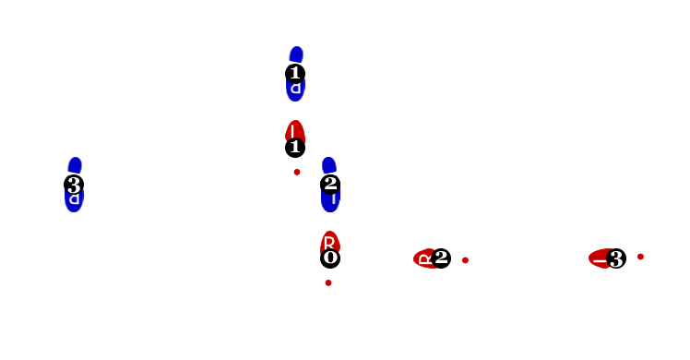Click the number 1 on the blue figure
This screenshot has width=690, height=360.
[x=295, y=72]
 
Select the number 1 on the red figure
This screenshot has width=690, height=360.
[x=295, y=146]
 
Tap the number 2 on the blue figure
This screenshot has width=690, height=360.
[x=330, y=183]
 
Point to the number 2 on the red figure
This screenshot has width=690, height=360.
[x=441, y=257]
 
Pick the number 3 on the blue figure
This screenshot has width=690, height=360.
[x=74, y=186]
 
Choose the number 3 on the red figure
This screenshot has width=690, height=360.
[x=615, y=259]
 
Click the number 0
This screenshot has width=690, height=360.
[x=330, y=257]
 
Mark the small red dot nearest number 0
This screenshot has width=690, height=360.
[x=328, y=282]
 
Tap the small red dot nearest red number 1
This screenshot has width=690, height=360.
[x=297, y=172]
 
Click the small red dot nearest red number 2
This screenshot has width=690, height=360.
[x=465, y=260]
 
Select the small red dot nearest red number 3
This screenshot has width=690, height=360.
[x=640, y=257]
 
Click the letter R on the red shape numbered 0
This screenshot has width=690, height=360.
[x=329, y=242]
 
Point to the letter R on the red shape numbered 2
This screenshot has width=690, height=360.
[x=425, y=259]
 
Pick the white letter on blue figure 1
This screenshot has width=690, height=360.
[x=295, y=89]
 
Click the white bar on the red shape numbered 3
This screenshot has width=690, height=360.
[x=600, y=261]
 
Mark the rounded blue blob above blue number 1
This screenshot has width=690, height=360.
[x=296, y=54]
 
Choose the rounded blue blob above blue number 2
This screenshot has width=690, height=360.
[x=328, y=165]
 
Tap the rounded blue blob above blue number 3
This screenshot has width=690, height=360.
[x=75, y=165]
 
